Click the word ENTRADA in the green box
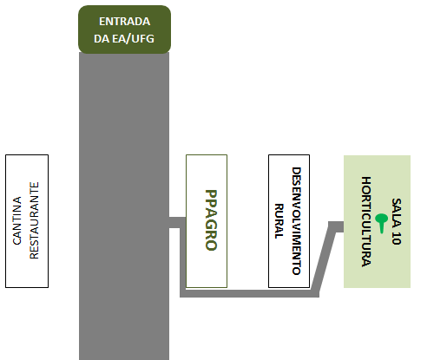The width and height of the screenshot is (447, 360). coord(124,22)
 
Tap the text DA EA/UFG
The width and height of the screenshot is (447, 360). coord(124,38)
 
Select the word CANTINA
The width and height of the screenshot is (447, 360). coord(17,220)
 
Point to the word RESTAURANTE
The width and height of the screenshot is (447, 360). coord(34,220)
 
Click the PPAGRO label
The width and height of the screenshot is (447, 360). coord(211,220)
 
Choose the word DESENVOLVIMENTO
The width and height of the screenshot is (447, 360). coord(296,221)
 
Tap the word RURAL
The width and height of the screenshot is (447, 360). coord(279,221)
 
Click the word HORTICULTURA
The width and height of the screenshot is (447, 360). coord(366,221)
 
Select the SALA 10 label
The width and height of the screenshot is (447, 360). coord(397,221)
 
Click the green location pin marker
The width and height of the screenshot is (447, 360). coord(382,223)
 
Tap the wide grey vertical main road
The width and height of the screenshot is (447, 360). coord(124,206)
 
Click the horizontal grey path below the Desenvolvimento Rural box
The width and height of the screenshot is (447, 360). coord(249,293)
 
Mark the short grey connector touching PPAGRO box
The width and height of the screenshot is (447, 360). coord(177,222)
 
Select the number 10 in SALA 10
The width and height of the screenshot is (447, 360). coord(397,238)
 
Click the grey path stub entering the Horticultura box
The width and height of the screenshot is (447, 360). coord(336,226)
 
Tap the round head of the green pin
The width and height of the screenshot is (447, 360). coord(382,219)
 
